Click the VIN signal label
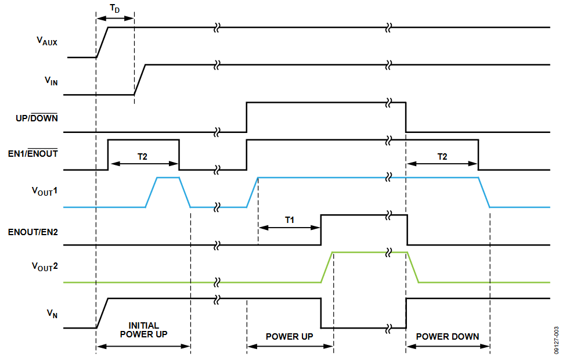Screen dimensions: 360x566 point(51,81)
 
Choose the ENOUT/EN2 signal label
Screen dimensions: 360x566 point(33,231)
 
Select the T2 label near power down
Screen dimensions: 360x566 point(442,156)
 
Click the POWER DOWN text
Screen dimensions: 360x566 point(448,336)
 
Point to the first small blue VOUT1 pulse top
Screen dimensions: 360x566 point(168,178)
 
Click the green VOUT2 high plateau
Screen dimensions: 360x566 point(360,252)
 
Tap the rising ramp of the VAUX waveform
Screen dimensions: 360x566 point(102,42)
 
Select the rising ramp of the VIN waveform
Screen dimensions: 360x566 point(140,80)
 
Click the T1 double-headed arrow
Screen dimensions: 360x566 point(289,228)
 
